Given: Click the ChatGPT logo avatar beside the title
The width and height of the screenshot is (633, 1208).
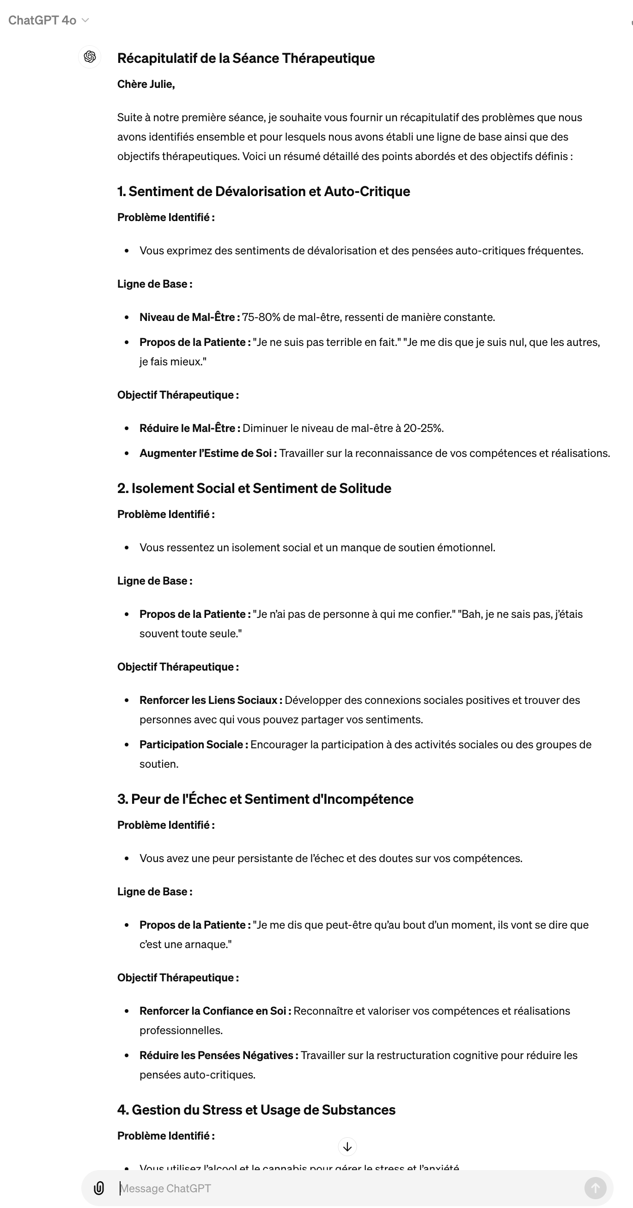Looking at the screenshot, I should point(90,57).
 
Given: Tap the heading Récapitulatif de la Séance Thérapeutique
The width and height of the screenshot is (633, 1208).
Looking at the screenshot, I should point(245,58).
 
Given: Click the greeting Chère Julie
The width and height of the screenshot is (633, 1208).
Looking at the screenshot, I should point(146,85).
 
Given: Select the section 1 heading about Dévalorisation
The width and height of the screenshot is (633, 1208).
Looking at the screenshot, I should point(263,191).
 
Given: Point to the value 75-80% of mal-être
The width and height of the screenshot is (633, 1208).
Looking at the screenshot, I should point(261,317).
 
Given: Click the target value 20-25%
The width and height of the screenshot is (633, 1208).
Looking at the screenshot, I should point(423,428).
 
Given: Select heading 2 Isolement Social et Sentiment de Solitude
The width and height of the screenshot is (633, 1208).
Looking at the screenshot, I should point(254,488).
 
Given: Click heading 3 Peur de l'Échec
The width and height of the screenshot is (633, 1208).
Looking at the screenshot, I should point(265,799).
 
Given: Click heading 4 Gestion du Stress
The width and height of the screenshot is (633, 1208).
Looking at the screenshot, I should point(256,1110).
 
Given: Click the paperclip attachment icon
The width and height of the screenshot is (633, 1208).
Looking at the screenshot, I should point(99,1188).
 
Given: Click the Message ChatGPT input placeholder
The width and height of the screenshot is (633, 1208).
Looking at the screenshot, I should point(165,1188).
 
